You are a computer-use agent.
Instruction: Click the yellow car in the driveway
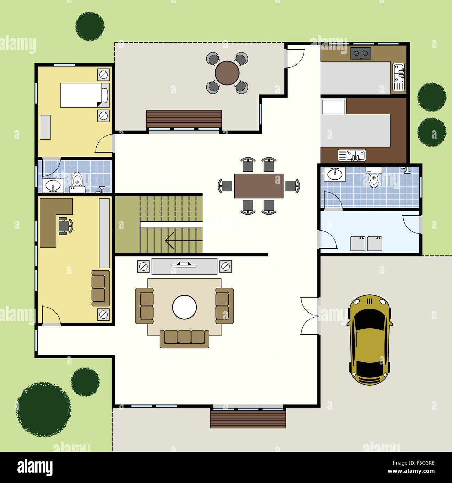point(370,340)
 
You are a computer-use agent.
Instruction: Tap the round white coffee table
point(184,307)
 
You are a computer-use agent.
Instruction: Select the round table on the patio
point(227,73)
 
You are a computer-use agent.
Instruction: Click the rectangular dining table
point(259,186)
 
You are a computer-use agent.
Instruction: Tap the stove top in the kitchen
point(361,53)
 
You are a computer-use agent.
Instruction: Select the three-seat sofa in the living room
point(184,338)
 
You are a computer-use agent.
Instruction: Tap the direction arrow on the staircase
point(170,239)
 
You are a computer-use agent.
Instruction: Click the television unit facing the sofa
point(184,266)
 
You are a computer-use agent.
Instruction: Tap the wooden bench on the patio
point(184,119)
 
